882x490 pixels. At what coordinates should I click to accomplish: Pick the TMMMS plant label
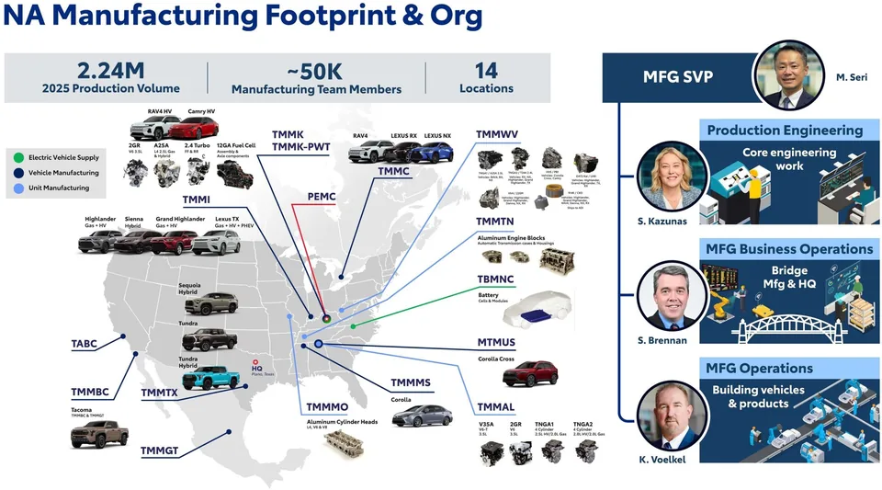click(411, 382)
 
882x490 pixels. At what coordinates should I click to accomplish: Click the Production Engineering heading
click(785, 131)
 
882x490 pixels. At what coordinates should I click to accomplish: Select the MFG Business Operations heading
click(788, 249)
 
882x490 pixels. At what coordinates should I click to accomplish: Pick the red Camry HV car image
click(195, 127)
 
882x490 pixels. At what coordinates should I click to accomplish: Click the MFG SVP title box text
click(676, 78)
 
